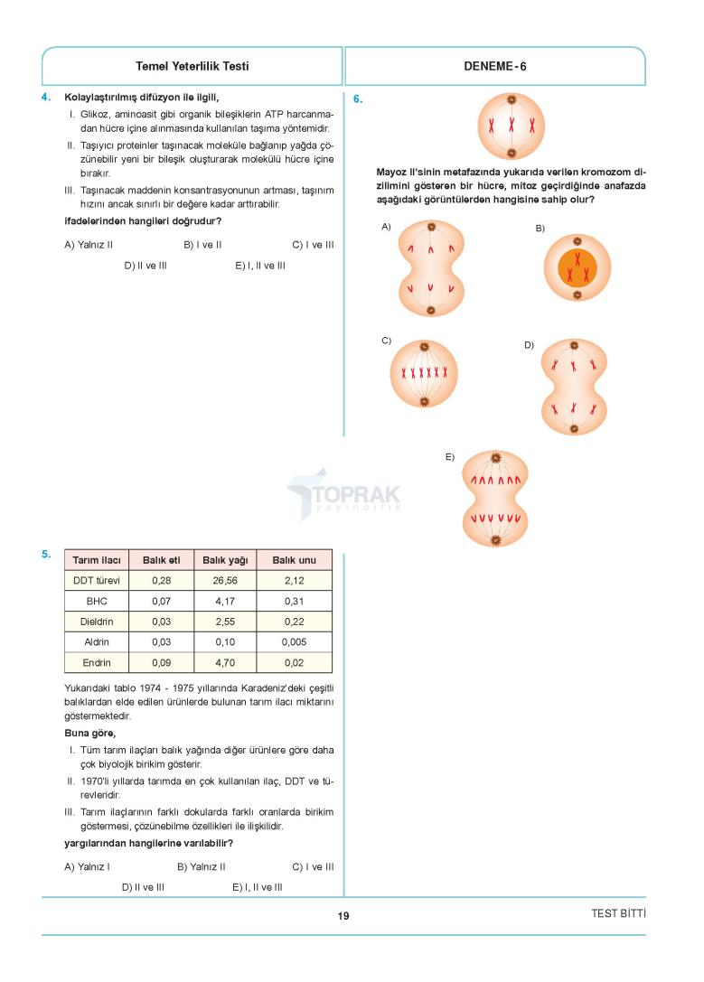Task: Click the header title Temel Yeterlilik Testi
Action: pyautogui.click(x=192, y=66)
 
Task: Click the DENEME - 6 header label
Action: pyautogui.click(x=494, y=66)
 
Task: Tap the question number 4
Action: pyautogui.click(x=46, y=97)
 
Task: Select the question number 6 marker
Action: pyautogui.click(x=358, y=100)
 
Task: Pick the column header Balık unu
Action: pyautogui.click(x=294, y=560)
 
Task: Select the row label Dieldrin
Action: pyautogui.click(x=97, y=622)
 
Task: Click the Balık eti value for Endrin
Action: pyautogui.click(x=162, y=662)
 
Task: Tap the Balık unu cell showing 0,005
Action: pyautogui.click(x=294, y=641)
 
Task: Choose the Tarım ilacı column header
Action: pyautogui.click(x=97, y=560)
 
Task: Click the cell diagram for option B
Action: pyautogui.click(x=577, y=267)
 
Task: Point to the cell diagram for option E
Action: pyautogui.click(x=495, y=499)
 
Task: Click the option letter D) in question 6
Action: pyautogui.click(x=530, y=345)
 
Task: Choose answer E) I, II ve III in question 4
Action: pyautogui.click(x=260, y=266)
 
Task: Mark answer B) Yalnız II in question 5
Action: pyautogui.click(x=202, y=866)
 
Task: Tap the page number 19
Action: pyautogui.click(x=343, y=916)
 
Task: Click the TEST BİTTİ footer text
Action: pyautogui.click(x=618, y=913)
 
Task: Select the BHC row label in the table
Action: pyautogui.click(x=97, y=601)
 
